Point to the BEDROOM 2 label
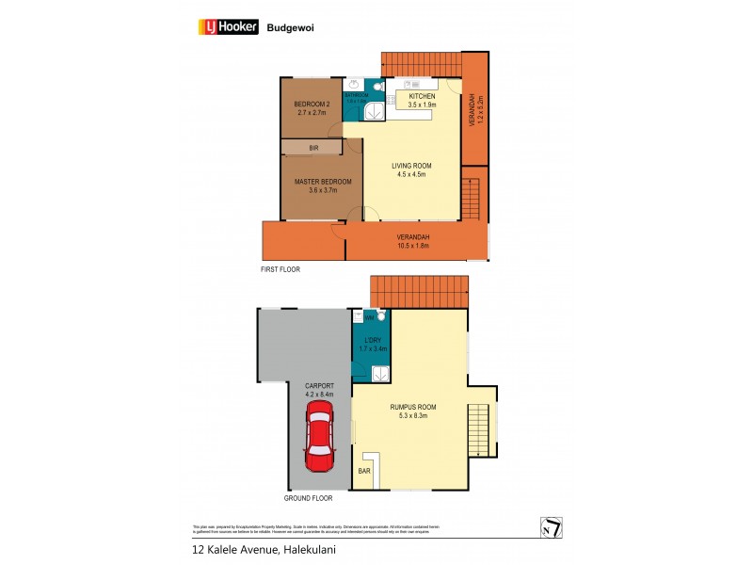tap(311, 104)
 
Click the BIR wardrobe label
tap(313, 148)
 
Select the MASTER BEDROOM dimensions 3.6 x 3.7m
tap(323, 190)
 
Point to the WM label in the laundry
tap(356, 318)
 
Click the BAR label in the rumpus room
tap(363, 470)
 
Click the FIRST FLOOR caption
tap(281, 269)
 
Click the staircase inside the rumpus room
tap(482, 429)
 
